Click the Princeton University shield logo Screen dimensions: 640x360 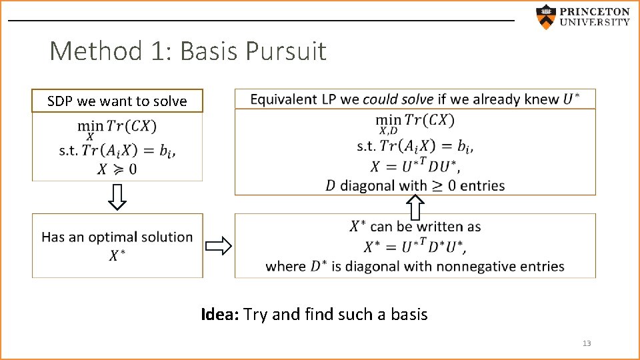[546, 17]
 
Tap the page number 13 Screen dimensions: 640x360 [587, 343]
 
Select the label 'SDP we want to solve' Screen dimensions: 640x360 [117, 101]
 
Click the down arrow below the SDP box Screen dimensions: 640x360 [117, 197]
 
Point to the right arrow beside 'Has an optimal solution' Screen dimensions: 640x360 [219, 247]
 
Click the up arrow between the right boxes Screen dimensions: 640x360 [415, 207]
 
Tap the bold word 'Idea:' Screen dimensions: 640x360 [221, 314]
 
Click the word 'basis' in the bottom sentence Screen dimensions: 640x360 [407, 314]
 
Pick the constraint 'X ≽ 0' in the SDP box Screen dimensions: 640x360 [117, 169]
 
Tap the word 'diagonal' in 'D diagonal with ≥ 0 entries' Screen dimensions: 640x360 [369, 185]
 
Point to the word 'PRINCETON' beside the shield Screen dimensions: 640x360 [595, 11]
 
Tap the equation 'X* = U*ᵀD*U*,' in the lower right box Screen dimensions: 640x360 [415, 247]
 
